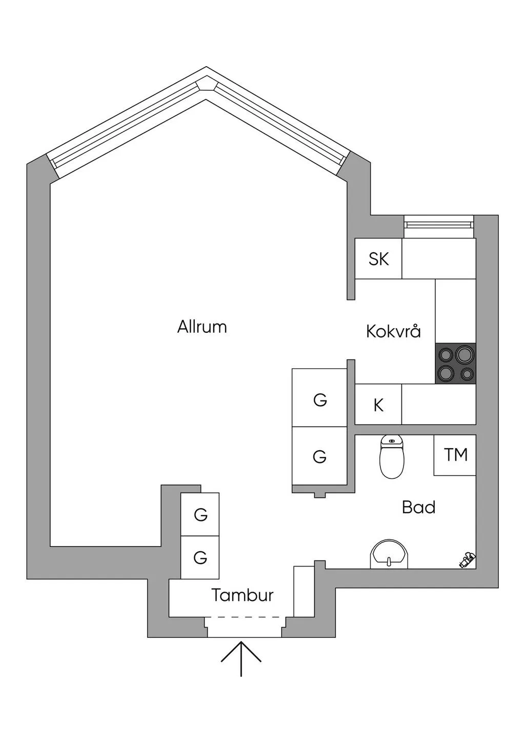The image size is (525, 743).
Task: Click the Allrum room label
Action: [202, 327]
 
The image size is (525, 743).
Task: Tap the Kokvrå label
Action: [394, 331]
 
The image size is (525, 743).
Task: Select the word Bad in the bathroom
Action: [418, 507]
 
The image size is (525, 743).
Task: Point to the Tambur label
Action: [243, 595]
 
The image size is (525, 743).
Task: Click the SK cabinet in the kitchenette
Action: [378, 259]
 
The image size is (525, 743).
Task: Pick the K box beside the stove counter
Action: [378, 405]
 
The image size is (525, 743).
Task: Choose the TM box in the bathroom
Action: [455, 455]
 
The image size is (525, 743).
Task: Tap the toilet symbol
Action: [392, 457]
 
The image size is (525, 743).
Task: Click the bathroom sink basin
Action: [389, 555]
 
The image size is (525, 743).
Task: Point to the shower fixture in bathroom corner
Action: [467, 560]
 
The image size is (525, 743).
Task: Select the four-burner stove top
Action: [455, 364]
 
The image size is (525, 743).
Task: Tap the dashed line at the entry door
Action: [245, 617]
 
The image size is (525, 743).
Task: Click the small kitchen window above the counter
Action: [439, 226]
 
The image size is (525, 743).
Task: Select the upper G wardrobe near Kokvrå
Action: [319, 398]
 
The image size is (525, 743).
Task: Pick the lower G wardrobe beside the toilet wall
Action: [319, 456]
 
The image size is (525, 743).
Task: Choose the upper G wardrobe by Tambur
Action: [200, 514]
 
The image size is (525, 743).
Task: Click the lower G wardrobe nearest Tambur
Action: [200, 557]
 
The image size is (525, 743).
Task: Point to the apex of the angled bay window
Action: [206, 67]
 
